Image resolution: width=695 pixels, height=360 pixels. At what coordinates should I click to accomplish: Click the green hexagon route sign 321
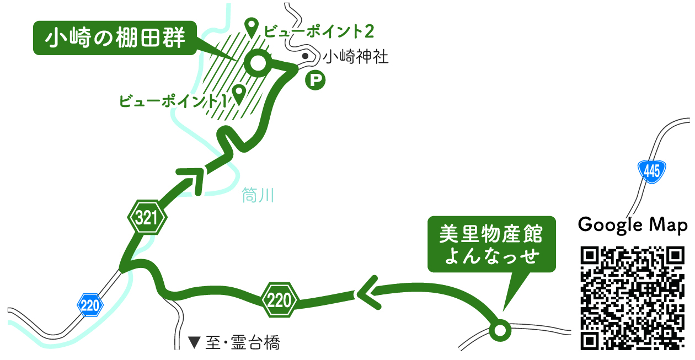click(x=147, y=219)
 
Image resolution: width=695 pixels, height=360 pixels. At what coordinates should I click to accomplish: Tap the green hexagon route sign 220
click(x=280, y=300)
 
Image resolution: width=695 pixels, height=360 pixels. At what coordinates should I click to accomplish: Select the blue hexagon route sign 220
click(x=90, y=304)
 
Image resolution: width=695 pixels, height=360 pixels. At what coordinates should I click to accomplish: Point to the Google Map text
click(x=633, y=225)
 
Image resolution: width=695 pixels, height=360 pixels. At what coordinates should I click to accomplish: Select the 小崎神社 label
click(x=355, y=57)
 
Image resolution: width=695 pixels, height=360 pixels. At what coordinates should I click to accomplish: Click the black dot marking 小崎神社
click(x=305, y=56)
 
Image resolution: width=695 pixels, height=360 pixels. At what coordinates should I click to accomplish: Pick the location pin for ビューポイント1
click(x=239, y=93)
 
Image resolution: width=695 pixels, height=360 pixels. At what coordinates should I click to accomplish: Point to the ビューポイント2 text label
click(x=318, y=31)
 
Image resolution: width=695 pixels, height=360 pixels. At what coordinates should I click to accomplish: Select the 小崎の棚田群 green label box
click(x=115, y=38)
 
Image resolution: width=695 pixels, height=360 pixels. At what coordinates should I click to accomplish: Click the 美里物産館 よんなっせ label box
click(x=491, y=244)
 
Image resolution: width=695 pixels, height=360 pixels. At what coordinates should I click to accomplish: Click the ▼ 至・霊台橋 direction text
click(x=234, y=343)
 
